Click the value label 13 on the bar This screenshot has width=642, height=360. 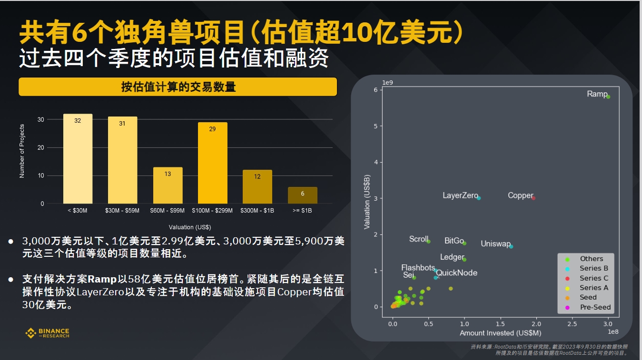[168, 174]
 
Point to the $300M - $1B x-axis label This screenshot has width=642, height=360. [257, 210]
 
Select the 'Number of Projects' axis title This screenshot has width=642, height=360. [22, 151]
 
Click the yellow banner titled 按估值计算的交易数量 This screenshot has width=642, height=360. [178, 87]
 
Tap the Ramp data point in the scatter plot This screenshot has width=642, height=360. [608, 97]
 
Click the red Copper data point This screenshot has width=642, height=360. [533, 198]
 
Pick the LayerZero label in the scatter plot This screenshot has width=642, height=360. [460, 195]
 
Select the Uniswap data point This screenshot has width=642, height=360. [511, 246]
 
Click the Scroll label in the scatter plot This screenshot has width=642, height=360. [418, 239]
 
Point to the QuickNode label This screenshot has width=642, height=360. [456, 273]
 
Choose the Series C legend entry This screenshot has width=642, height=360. [593, 278]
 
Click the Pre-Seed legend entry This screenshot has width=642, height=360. [595, 307]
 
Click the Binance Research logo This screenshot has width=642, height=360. [47, 333]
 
